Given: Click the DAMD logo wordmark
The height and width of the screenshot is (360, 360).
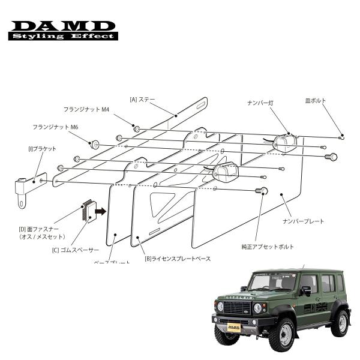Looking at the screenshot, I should click(x=63, y=26).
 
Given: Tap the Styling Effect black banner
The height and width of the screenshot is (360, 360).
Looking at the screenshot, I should click(x=63, y=37).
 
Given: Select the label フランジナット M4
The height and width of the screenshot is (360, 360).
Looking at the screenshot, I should click(x=87, y=110).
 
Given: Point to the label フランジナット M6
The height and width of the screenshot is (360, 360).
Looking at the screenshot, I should click(x=55, y=127).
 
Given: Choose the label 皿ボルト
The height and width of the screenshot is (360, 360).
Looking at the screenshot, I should click(x=316, y=101).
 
